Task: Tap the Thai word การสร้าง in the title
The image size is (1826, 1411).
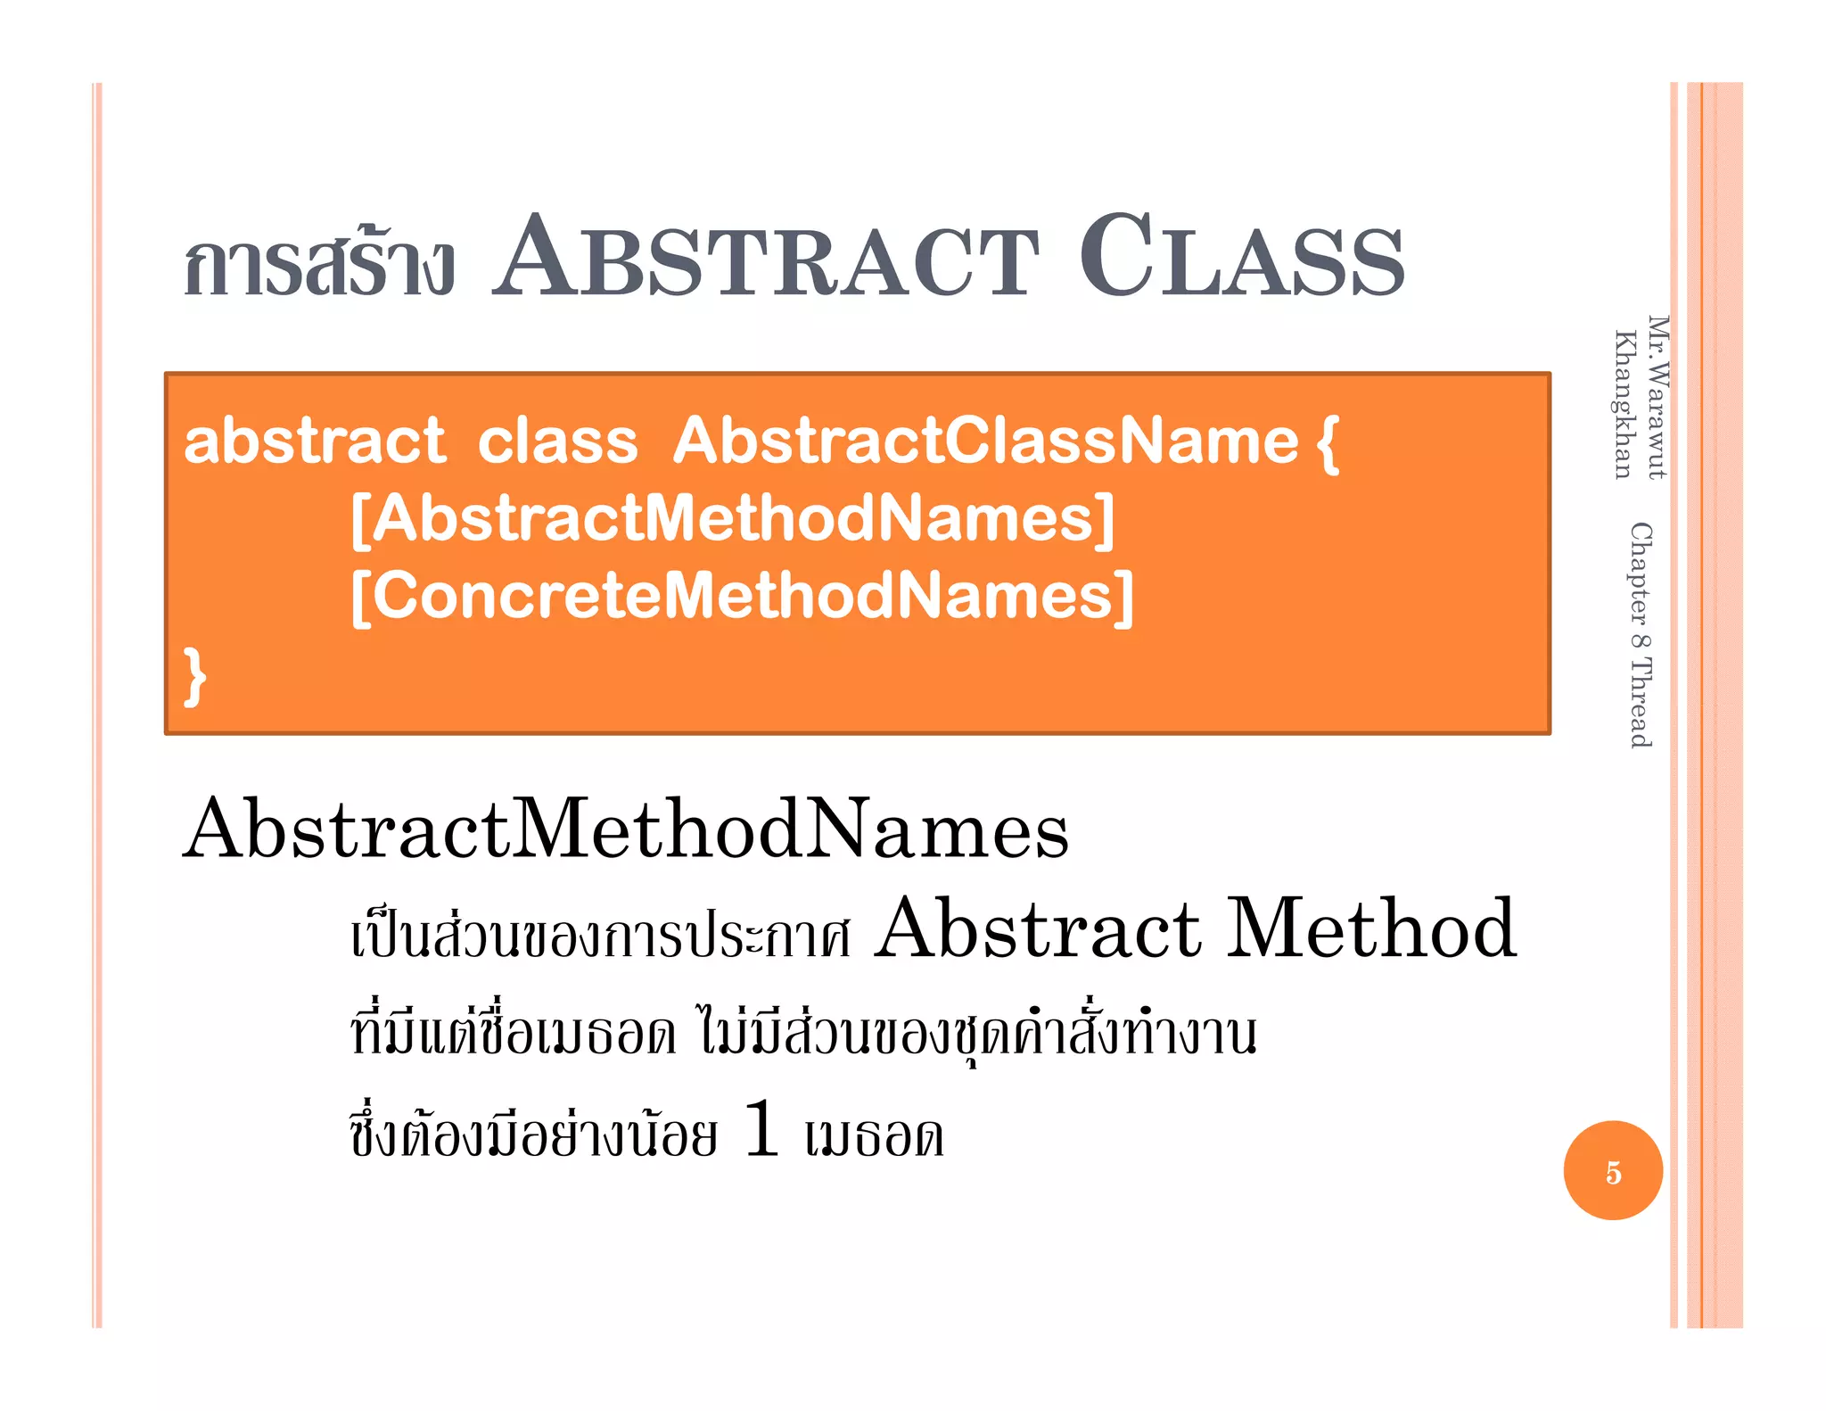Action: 319,266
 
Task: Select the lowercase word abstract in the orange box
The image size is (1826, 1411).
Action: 314,441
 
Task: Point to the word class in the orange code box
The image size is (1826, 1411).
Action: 558,441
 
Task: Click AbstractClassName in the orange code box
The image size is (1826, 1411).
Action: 985,441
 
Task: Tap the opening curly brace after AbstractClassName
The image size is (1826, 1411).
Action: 1328,442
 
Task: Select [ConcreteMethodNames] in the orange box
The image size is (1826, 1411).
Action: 742,596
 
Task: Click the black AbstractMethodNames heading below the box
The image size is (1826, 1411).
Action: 626,829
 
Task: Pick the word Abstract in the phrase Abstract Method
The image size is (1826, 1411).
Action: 1037,929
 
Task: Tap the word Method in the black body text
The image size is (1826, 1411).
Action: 1371,929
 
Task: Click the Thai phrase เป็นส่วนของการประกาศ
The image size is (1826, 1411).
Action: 601,937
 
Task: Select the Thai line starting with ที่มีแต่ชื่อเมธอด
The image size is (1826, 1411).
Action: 802,1035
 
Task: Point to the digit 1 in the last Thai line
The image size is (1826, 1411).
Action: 761,1129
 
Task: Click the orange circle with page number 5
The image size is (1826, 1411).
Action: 1612,1170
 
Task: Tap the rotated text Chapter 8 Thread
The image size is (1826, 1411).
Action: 1641,635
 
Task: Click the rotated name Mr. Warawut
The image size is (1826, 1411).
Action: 1657,398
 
